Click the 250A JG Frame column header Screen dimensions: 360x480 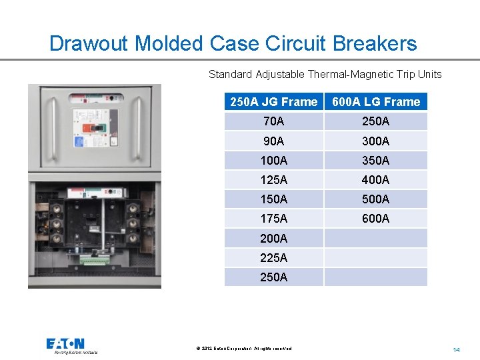(x=273, y=102)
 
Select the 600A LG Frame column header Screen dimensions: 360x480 (x=376, y=102)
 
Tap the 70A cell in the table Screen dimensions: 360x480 (x=273, y=121)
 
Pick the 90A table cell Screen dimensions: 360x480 (x=273, y=141)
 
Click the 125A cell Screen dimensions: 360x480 (x=273, y=180)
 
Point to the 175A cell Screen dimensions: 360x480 (x=273, y=219)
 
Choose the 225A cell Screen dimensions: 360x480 (x=273, y=257)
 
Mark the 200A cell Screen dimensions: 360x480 (x=273, y=238)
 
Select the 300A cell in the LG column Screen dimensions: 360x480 (x=376, y=141)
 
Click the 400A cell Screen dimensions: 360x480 (x=376, y=180)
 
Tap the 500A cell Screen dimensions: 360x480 (x=376, y=199)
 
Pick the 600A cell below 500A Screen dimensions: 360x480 (x=376, y=219)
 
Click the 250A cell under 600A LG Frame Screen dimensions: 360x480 (x=376, y=121)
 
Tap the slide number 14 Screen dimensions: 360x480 (x=457, y=349)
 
